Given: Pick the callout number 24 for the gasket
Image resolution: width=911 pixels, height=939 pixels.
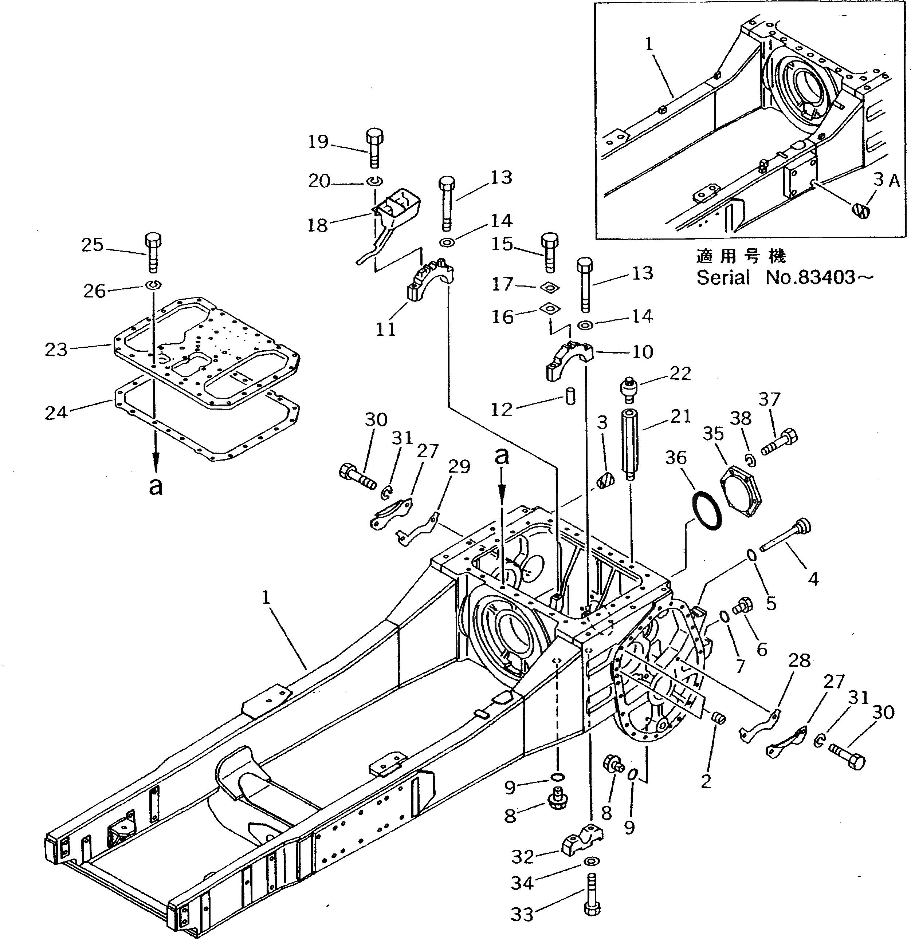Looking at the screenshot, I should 56,412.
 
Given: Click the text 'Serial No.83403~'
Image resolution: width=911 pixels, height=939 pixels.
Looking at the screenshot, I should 785,277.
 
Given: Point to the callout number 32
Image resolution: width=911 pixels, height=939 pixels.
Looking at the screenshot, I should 522,857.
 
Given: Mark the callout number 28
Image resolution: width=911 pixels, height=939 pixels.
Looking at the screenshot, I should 799,661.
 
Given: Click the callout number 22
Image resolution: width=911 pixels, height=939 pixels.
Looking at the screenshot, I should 680,373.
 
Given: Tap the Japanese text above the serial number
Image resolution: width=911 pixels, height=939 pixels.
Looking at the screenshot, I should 741,257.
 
